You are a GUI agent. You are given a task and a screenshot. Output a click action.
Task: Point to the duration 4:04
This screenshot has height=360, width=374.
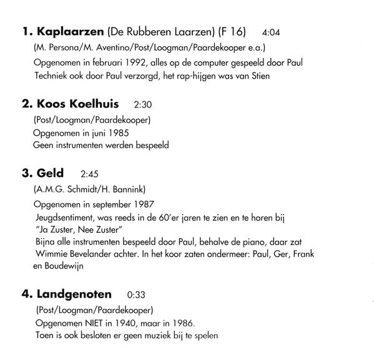[273, 32]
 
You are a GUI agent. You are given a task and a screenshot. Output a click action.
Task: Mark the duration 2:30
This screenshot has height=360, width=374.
[143, 105]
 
